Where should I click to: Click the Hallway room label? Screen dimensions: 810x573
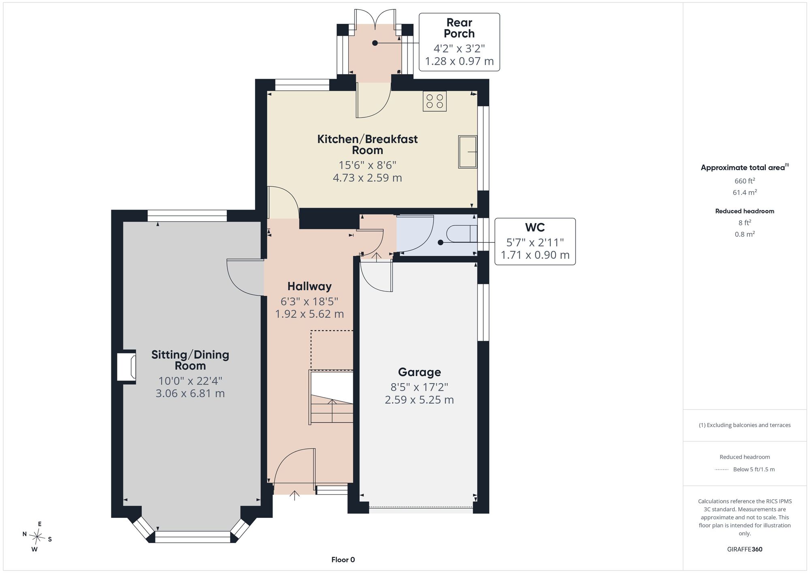[309, 286]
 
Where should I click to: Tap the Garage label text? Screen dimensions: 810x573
[419, 372]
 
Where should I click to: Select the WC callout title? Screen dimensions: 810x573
[535, 228]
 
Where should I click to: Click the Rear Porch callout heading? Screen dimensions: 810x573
[459, 28]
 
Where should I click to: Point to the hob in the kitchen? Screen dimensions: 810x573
[435, 101]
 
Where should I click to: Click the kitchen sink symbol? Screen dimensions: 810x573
[468, 152]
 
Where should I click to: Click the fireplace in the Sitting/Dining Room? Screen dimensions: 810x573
[126, 366]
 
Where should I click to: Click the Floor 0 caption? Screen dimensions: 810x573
[343, 560]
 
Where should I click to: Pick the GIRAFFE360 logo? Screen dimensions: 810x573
[745, 549]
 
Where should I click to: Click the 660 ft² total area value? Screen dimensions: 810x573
[745, 181]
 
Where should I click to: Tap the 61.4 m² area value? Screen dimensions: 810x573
[745, 192]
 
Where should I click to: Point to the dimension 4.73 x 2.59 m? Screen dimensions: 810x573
[367, 177]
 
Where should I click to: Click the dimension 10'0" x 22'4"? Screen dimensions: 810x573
[190, 381]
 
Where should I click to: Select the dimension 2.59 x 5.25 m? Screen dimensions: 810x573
[419, 400]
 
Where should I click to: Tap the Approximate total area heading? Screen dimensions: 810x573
[745, 167]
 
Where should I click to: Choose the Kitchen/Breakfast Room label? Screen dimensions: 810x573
[367, 145]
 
